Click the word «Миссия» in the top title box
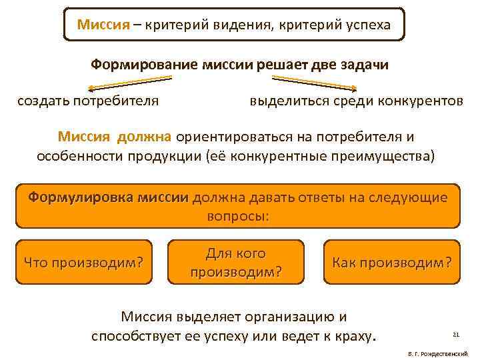tap(101, 25)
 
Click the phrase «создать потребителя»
tap(88, 101)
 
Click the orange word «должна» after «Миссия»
tap(145, 137)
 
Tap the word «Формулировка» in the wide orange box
tap(73, 197)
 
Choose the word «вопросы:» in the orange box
tap(237, 217)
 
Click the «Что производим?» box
tap(84, 263)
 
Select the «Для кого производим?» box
tap(236, 263)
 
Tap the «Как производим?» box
tap(391, 263)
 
